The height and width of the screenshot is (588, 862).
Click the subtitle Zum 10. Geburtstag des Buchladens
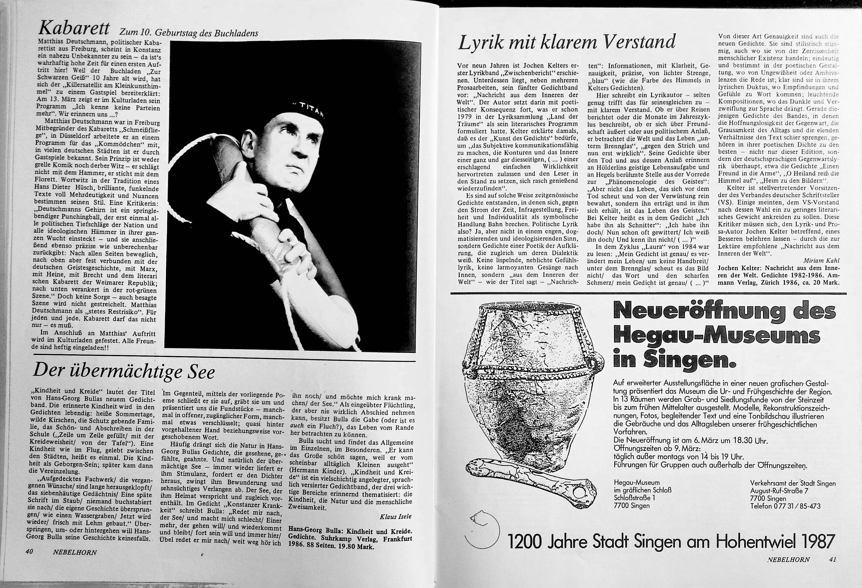tap(189, 33)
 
